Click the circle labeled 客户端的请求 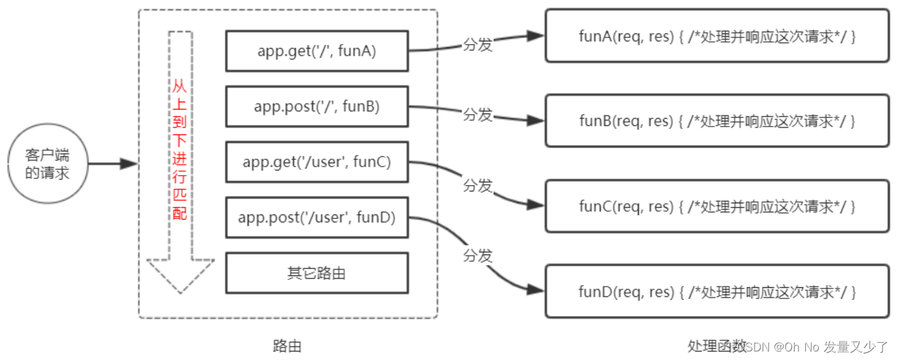click(x=47, y=165)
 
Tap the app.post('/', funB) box click(x=317, y=106)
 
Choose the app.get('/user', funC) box click(x=317, y=161)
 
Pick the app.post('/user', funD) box click(x=317, y=217)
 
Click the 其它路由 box click(x=317, y=273)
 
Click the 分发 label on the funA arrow click(x=477, y=45)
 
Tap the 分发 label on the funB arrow click(x=477, y=115)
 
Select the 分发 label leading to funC click(x=477, y=186)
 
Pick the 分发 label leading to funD click(x=477, y=255)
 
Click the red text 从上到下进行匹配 click(x=180, y=151)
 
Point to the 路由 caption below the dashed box click(x=287, y=346)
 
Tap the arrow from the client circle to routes click(x=112, y=164)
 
